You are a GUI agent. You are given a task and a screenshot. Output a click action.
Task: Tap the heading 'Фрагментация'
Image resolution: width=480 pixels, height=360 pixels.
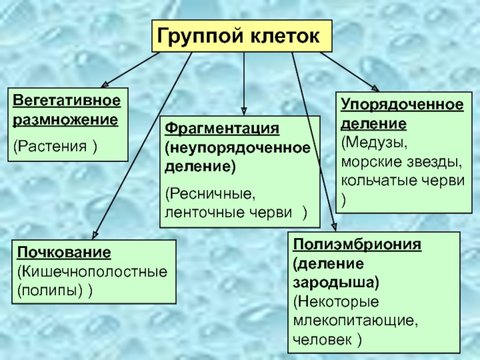pyautogui.click(x=223, y=129)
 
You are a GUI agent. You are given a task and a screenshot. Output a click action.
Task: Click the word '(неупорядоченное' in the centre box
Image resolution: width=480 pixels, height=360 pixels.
pyautogui.click(x=238, y=148)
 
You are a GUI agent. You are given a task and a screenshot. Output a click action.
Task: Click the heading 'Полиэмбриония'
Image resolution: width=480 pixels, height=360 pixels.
pyautogui.click(x=358, y=245)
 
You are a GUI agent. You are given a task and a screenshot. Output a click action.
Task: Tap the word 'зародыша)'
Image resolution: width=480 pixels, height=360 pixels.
pyautogui.click(x=336, y=282)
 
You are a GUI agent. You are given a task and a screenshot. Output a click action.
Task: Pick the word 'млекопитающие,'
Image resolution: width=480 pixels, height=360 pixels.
pyautogui.click(x=354, y=320)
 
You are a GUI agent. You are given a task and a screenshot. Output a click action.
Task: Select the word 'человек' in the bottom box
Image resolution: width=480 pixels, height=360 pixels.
pyautogui.click(x=321, y=339)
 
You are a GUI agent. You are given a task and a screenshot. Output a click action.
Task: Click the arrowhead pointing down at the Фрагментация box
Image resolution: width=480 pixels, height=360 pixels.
pyautogui.click(x=244, y=110)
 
